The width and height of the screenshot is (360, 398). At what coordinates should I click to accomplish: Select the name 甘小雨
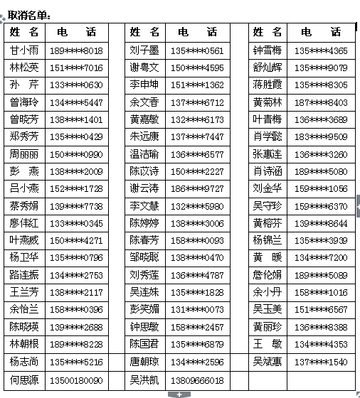coord(25,50)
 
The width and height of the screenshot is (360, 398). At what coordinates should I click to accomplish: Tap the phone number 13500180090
coord(76,380)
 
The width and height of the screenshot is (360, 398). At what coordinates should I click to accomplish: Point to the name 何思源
coord(25,380)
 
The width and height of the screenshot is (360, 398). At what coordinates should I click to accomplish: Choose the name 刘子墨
coord(144,50)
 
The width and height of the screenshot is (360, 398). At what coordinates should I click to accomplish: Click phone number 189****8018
coord(76,50)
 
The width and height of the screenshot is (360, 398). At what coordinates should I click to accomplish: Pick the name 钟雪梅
coord(268,50)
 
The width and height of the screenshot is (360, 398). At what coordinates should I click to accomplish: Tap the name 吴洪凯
coord(144,380)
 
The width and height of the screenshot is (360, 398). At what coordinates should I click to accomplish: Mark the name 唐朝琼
coord(144,362)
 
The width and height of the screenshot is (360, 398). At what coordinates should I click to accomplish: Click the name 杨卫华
coord(25,258)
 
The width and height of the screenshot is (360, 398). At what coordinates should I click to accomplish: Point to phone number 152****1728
coord(76,189)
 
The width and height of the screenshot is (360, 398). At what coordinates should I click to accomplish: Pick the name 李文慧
coord(144,206)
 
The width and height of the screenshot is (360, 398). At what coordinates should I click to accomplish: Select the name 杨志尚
coord(25,362)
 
